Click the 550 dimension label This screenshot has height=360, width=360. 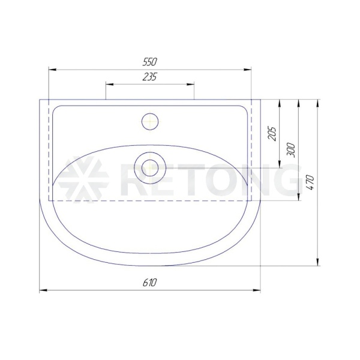pos(149,62)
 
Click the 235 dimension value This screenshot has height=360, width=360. pos(149,77)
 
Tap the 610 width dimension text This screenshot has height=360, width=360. pos(149,283)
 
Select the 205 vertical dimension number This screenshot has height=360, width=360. pos(272,133)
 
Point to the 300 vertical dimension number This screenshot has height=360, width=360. pos(292,150)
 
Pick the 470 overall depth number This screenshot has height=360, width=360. pos(311,182)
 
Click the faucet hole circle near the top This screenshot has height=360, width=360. pos(150,121)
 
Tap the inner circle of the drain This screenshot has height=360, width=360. pos(150,168)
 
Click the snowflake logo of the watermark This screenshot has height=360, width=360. pos(83,179)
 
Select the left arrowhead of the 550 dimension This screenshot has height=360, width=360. pos(53,70)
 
